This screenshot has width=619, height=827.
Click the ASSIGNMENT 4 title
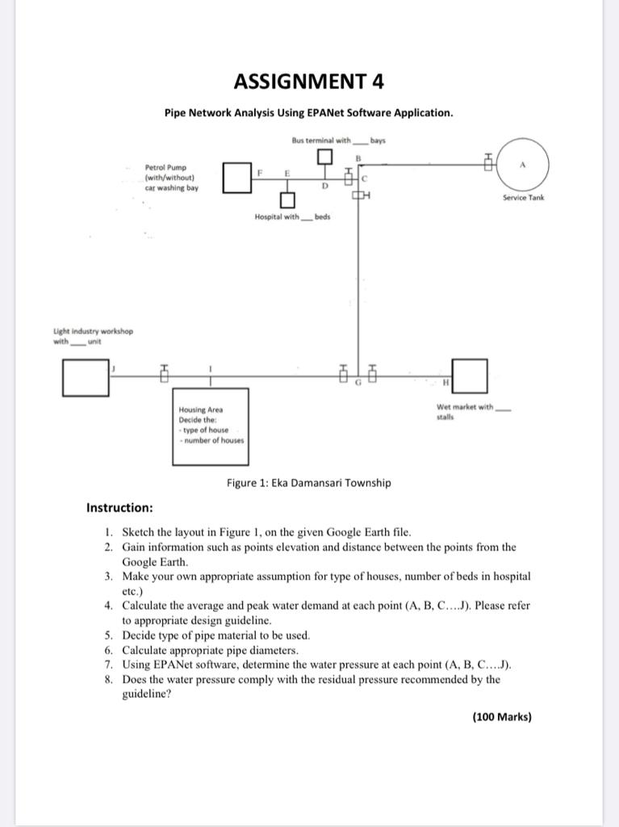(309, 81)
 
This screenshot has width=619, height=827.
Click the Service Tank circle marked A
(523, 163)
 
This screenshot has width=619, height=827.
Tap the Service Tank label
(523, 197)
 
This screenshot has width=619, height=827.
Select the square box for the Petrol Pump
(234, 178)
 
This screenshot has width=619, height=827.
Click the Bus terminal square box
(324, 156)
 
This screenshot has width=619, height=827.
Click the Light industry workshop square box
(86, 378)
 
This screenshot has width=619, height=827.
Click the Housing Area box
(210, 426)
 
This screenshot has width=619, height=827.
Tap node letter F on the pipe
(260, 173)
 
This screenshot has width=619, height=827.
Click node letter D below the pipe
(324, 187)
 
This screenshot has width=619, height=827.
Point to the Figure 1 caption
(309, 483)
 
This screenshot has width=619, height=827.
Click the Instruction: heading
(119, 508)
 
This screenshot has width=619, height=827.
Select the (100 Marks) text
(502, 716)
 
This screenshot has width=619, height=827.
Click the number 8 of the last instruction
(108, 679)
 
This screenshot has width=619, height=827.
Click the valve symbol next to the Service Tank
(487, 164)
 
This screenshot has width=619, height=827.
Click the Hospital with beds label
(292, 217)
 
